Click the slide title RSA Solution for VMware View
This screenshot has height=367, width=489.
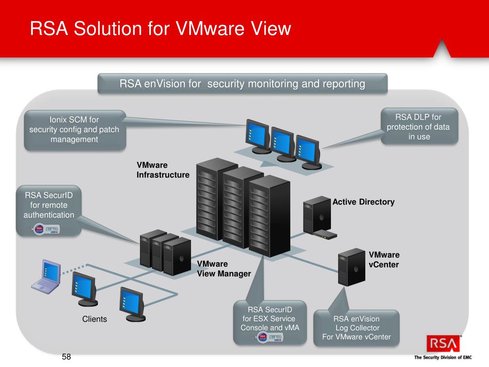(x=160, y=28)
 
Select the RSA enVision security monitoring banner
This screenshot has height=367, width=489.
(x=243, y=84)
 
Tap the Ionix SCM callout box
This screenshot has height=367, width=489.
(x=74, y=130)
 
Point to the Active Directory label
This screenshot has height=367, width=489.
(x=363, y=202)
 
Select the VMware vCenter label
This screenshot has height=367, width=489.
(x=384, y=259)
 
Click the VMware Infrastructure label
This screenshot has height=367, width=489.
(x=163, y=170)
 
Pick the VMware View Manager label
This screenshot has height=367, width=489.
(x=224, y=269)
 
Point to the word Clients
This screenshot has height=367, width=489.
(x=95, y=319)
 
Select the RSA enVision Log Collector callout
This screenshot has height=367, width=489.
(x=356, y=327)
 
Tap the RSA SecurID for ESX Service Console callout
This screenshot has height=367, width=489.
(x=270, y=319)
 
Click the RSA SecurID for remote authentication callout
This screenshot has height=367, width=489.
(x=49, y=205)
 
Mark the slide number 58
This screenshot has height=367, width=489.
(x=66, y=357)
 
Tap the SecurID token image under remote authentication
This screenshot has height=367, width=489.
(x=47, y=228)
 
